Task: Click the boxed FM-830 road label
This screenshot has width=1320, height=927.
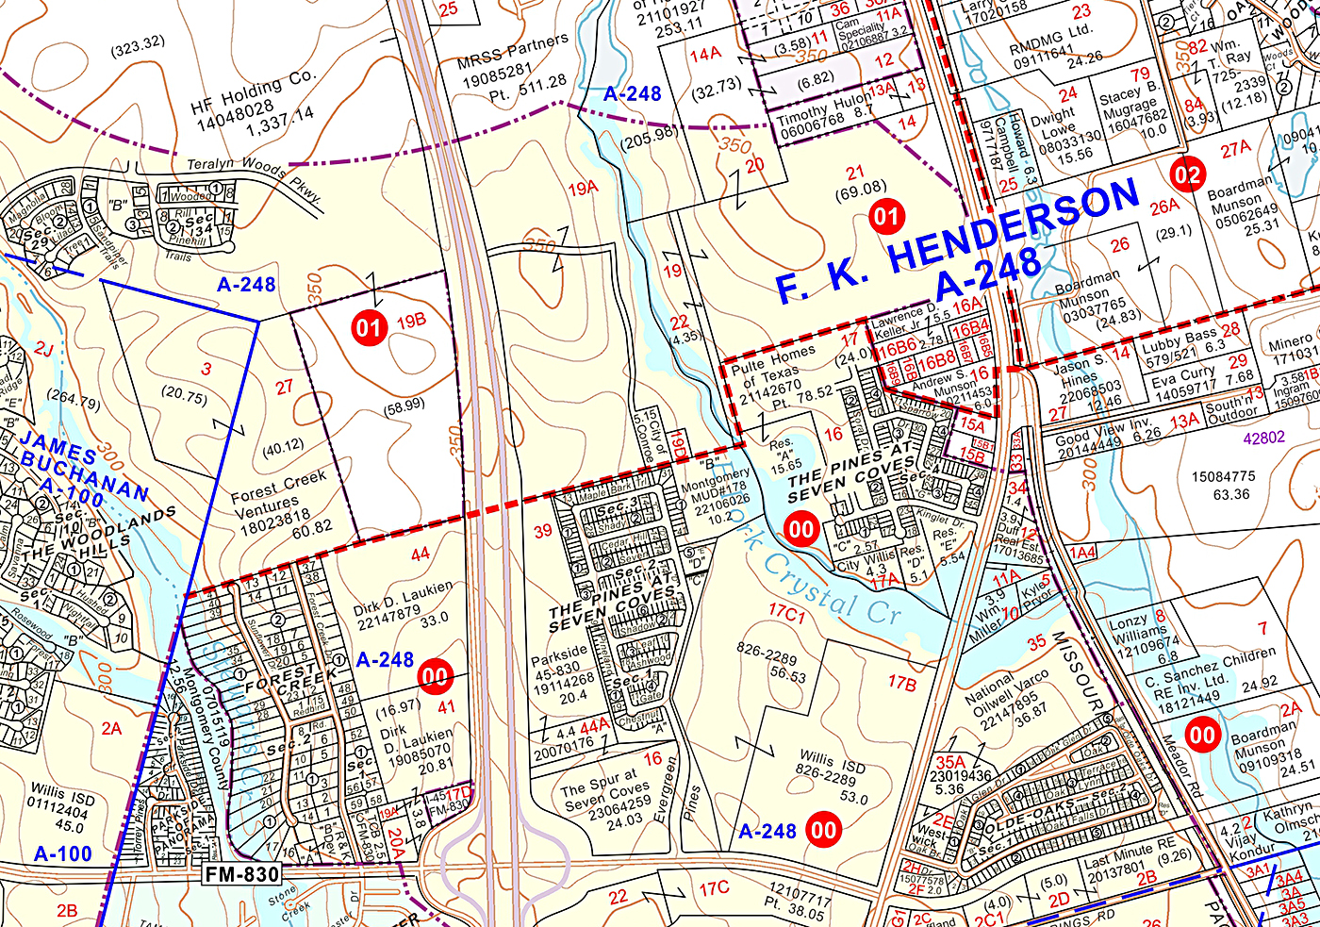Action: coord(242,874)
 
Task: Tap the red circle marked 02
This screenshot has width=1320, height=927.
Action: coord(1187,174)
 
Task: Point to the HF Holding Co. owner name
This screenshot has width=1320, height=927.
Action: coord(254,92)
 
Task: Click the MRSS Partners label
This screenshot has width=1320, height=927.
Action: coord(512,54)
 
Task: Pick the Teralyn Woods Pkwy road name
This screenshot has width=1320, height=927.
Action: coord(255,174)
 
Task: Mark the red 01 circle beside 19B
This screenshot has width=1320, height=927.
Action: coord(368,328)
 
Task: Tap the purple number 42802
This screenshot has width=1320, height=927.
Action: coord(1263,438)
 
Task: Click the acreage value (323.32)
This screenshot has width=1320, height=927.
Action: coord(137,43)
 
